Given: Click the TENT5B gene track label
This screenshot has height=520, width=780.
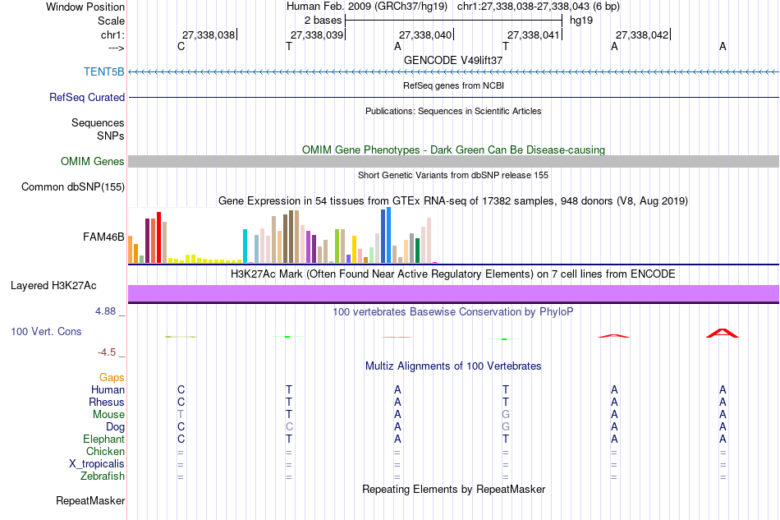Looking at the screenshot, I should [104, 71].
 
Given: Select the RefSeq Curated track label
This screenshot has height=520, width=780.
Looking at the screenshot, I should [87, 97].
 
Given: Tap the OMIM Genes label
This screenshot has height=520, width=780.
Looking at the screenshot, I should [93, 161].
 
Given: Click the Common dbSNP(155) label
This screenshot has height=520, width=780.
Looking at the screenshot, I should [73, 186].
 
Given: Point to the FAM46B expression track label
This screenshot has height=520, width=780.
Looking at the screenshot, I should [103, 237].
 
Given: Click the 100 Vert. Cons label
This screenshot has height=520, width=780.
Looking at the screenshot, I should [46, 331].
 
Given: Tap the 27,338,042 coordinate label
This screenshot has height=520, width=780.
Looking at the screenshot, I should [642, 35].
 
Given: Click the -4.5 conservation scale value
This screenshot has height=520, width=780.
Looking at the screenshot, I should [107, 352].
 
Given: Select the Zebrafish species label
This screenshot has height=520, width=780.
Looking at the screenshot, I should [103, 476].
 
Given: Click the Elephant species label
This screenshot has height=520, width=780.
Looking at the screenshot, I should [103, 439].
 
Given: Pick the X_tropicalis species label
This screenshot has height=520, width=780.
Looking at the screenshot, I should [97, 463].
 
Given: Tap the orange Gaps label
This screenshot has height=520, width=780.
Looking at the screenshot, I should [112, 377].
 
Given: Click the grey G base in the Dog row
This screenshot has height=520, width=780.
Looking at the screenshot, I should [506, 426].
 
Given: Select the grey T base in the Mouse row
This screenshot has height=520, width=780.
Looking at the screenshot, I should [181, 414].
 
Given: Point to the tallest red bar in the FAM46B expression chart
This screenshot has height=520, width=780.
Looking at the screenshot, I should [159, 237].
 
